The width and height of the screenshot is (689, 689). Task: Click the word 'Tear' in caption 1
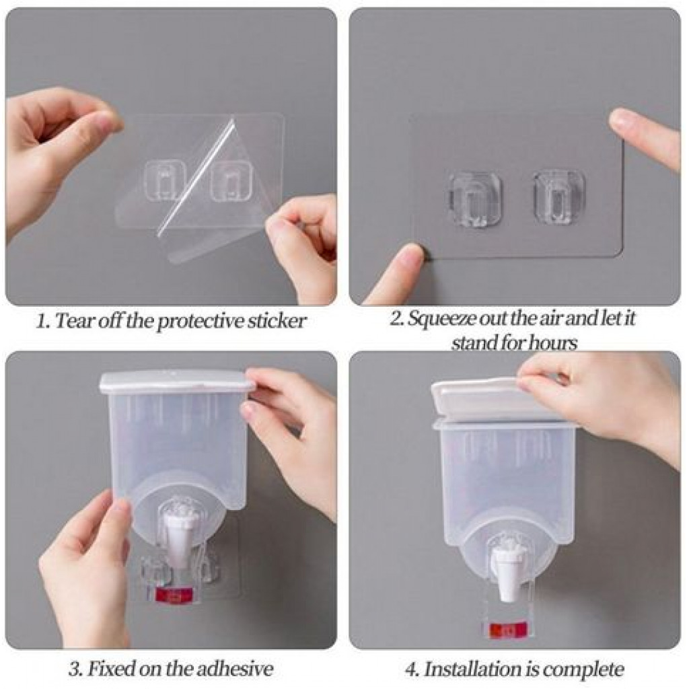point(75,320)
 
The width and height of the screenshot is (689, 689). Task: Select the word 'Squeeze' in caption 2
point(441,318)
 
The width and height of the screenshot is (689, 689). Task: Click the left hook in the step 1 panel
point(166,181)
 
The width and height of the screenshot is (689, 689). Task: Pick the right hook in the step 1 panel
point(232,180)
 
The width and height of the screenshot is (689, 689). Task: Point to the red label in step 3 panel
point(174,595)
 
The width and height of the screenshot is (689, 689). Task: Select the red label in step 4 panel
point(508,629)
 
